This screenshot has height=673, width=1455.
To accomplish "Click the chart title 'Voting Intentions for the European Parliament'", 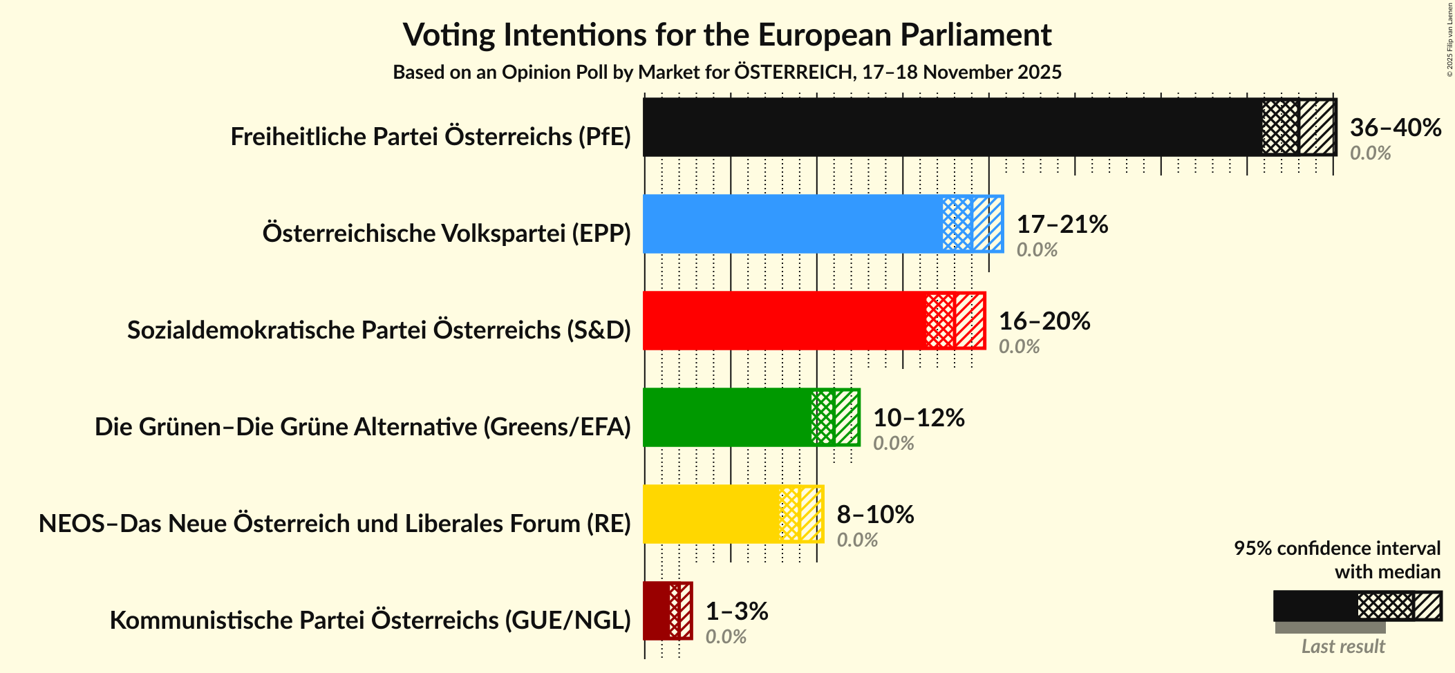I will coord(726,35).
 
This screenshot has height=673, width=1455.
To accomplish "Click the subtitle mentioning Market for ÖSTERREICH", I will coord(726,73).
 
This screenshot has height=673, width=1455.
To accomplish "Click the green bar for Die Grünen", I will coord(726,417).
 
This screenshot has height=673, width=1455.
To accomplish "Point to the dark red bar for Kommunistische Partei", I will coord(656,611).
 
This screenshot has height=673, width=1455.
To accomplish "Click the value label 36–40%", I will coord(1395,128).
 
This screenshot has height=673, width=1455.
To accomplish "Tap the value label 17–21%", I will coord(1062,225).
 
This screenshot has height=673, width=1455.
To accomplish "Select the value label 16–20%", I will coord(1044,321).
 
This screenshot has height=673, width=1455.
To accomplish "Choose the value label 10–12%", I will coord(918,418).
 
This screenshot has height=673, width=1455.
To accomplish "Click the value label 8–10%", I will coord(875,515).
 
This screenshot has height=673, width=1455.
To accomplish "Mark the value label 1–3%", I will coord(736,612).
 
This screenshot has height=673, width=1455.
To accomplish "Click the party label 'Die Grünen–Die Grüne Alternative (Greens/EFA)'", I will coord(363,427).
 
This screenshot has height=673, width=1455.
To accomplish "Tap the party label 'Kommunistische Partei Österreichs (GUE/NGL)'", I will coord(370,620).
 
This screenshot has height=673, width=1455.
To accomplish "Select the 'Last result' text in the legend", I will coord(1342,647).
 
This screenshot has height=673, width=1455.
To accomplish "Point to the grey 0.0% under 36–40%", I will coord(1369,153).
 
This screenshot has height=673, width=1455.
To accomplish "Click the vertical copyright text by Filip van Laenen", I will coord(1449,39).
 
